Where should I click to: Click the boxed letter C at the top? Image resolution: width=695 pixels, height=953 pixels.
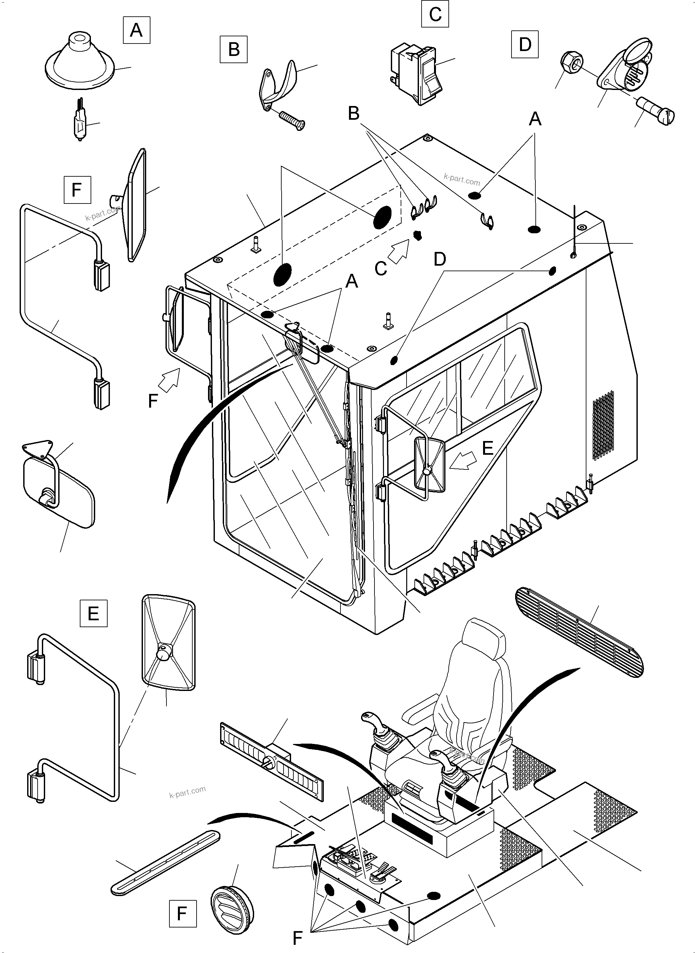[x=435, y=14]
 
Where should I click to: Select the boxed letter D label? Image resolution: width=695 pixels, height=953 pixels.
[x=525, y=44]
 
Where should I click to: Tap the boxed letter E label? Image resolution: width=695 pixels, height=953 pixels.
[x=94, y=613]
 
